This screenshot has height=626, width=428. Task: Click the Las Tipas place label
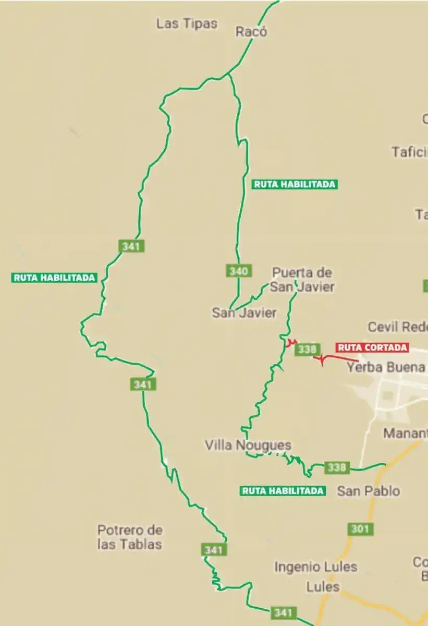tap(187, 23)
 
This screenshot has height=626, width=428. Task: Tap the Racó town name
tap(251, 31)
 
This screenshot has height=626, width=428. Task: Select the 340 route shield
tap(239, 271)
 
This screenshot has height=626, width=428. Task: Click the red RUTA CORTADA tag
tap(372, 347)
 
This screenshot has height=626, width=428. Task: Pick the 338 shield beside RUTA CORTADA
tap(306, 349)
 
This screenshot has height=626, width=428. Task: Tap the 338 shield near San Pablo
tap(336, 467)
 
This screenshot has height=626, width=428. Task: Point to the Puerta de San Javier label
tap(302, 280)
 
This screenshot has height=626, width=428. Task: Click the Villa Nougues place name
tap(248, 445)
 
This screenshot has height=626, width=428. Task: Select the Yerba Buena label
tap(386, 367)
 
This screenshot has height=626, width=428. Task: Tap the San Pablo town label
tap(369, 491)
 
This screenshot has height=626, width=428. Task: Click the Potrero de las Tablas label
tap(130, 537)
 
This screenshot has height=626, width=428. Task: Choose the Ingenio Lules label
tap(316, 567)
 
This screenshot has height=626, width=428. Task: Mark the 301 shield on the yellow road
tap(360, 529)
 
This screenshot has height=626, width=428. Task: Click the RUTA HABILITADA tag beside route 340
tap(295, 184)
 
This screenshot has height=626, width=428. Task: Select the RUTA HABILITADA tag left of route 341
tap(55, 278)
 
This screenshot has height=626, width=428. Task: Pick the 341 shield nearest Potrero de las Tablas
tap(214, 550)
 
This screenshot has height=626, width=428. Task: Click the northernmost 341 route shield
tap(131, 246)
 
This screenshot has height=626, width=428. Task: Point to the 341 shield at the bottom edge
tap(283, 612)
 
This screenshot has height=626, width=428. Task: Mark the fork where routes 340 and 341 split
tap(229, 75)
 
